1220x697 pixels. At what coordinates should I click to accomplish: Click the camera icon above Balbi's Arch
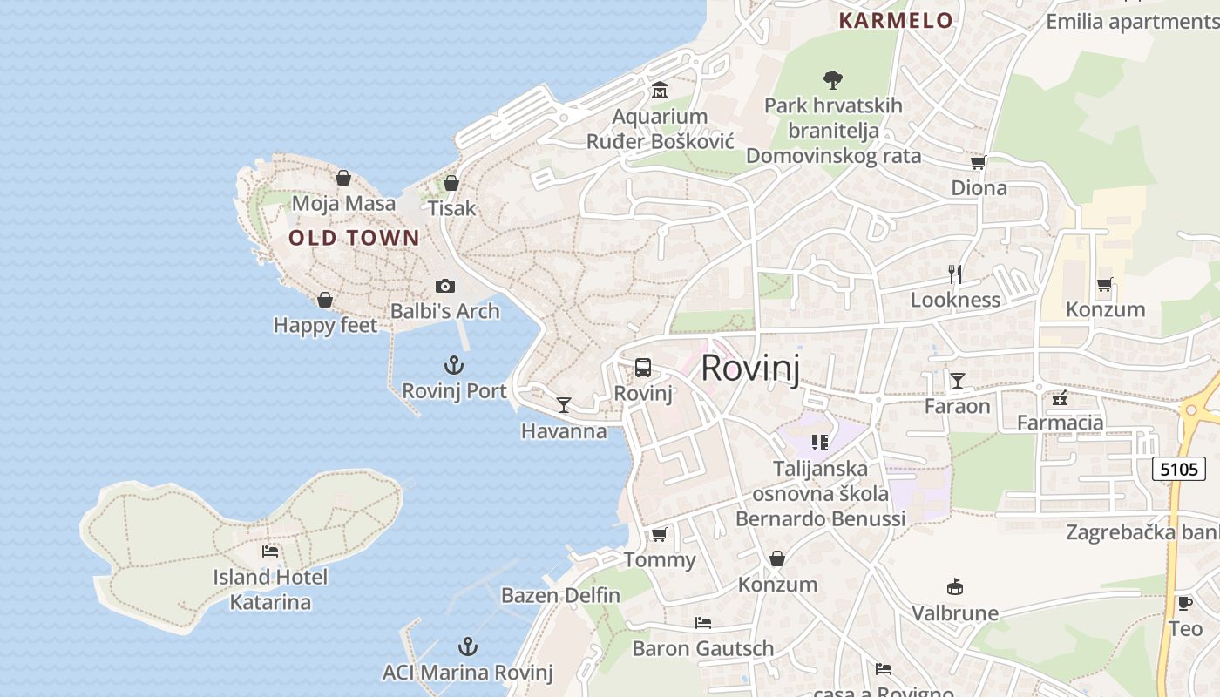[x=444, y=286]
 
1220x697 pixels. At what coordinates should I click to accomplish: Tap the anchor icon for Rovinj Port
[x=454, y=365]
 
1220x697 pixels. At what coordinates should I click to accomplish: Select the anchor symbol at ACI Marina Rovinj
[x=468, y=646]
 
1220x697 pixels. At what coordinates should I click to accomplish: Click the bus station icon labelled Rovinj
[x=643, y=368]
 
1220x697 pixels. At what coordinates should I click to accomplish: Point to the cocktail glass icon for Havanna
[x=564, y=405]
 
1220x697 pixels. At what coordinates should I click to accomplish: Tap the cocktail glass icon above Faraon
[x=958, y=380]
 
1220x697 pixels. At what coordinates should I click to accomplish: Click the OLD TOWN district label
[x=354, y=238]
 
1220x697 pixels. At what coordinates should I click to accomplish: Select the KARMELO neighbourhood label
[x=895, y=21]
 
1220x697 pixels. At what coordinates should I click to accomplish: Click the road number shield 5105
[x=1179, y=469]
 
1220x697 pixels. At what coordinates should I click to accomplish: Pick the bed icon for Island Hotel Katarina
[x=270, y=552]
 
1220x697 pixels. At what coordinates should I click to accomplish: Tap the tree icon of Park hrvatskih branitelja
[x=833, y=80]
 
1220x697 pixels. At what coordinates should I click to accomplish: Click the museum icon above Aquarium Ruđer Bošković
[x=660, y=91]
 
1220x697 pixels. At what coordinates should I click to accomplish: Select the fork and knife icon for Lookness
[x=955, y=274]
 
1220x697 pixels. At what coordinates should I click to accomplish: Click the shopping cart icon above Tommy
[x=660, y=534]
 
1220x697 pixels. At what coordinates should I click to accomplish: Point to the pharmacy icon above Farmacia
[x=1060, y=398]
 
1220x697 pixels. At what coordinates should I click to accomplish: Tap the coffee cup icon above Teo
[x=1184, y=603]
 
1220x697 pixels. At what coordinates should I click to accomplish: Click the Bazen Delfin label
[x=560, y=596]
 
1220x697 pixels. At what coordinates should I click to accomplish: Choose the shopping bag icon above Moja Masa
[x=343, y=178]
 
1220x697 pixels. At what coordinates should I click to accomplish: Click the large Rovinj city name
[x=749, y=368]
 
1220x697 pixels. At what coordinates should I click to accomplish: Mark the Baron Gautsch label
[x=702, y=648]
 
